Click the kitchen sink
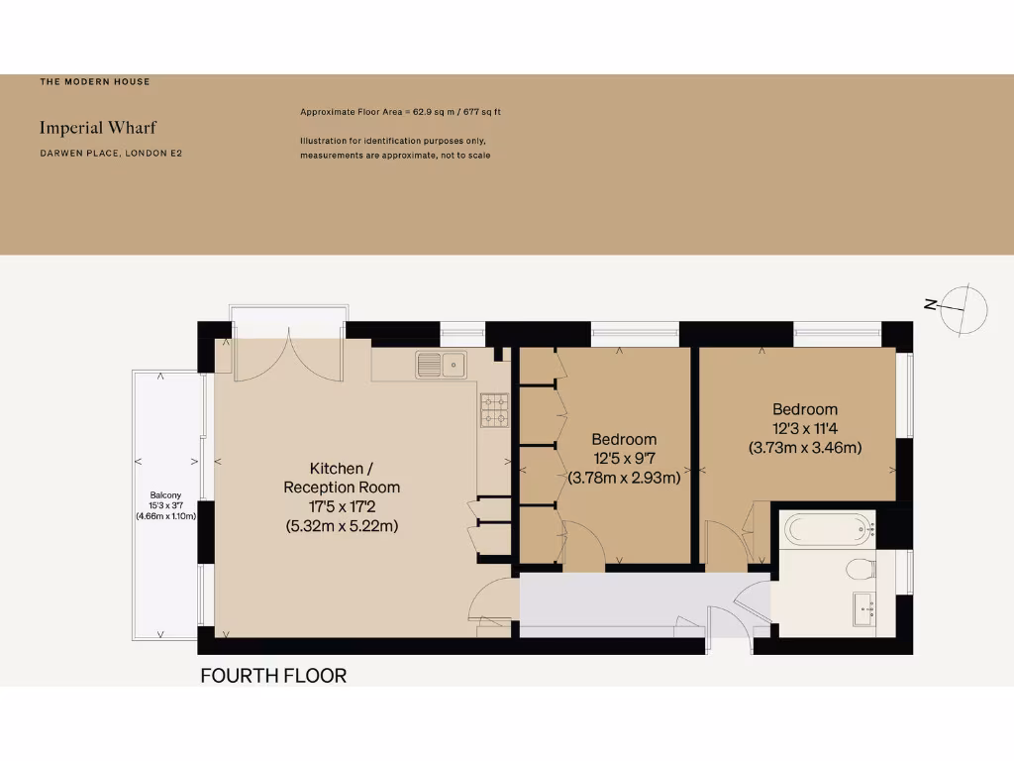coord(442,365)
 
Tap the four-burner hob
coord(495,410)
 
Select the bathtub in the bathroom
coord(829,529)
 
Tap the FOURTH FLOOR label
coord(273,677)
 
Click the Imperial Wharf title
coord(97,128)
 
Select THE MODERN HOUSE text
coord(95,82)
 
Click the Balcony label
coord(165,495)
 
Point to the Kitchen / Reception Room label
coord(342,478)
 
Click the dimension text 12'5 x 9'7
coord(624,459)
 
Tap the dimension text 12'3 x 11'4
coord(804,428)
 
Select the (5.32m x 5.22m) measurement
coord(342,526)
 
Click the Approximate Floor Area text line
coord(407,112)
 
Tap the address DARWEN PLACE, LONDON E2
coord(111,154)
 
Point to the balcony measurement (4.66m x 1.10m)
coord(165,515)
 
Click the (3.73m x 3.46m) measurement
coord(804,447)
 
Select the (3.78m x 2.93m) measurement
coord(624,478)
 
